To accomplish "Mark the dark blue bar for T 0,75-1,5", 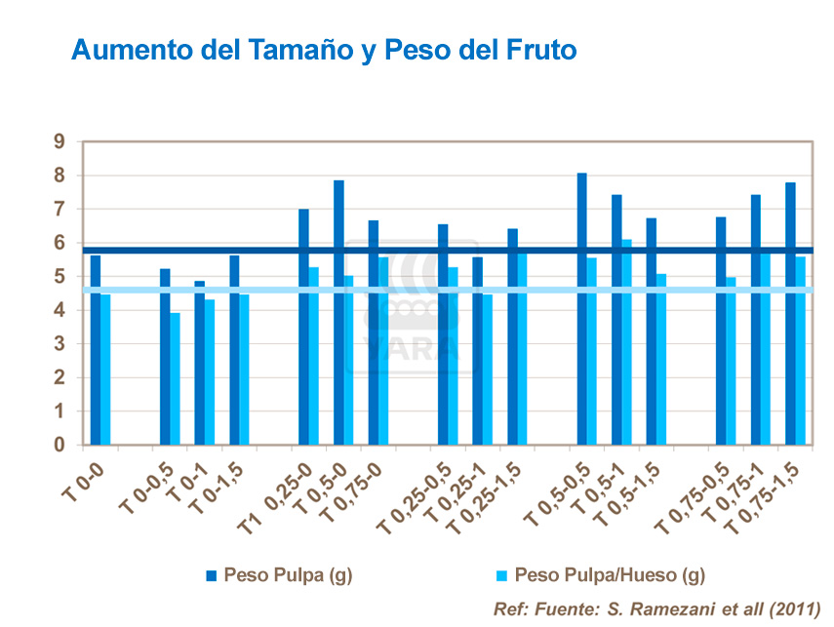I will pyautogui.click(x=790, y=313).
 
